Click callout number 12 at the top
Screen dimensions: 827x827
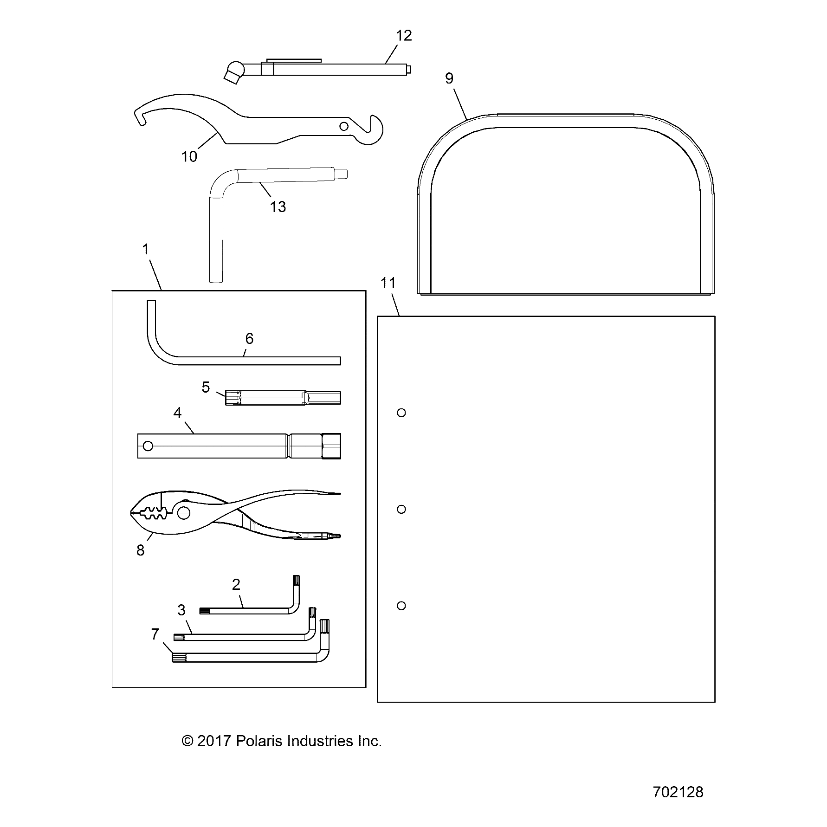point(404,36)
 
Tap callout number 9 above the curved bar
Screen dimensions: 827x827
point(449,78)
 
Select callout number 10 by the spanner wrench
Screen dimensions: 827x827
point(189,157)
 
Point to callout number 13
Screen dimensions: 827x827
point(278,207)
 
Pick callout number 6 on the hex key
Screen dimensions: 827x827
point(249,339)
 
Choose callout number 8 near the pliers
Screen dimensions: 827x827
point(140,550)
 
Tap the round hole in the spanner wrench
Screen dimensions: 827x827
point(343,126)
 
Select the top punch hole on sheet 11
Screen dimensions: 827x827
point(401,413)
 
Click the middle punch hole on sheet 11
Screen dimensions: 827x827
point(401,509)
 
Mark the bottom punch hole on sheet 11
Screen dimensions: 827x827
point(401,606)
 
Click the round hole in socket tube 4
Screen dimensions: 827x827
point(148,446)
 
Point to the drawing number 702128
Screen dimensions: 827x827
point(678,792)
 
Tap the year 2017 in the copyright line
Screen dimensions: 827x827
point(214,741)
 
